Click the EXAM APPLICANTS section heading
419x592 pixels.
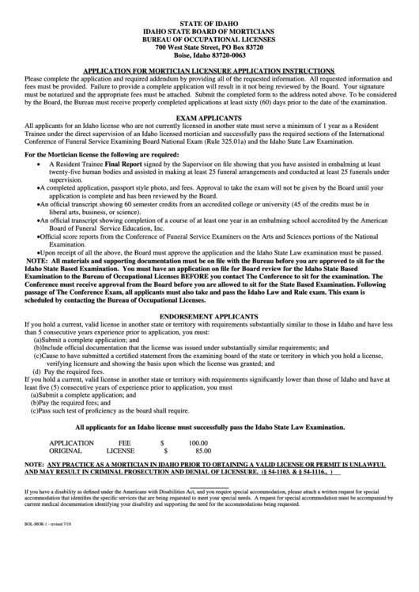coord(210,116)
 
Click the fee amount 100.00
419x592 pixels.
coord(197,443)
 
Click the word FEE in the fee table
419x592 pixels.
coord(125,443)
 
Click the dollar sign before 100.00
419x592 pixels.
coord(161,443)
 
